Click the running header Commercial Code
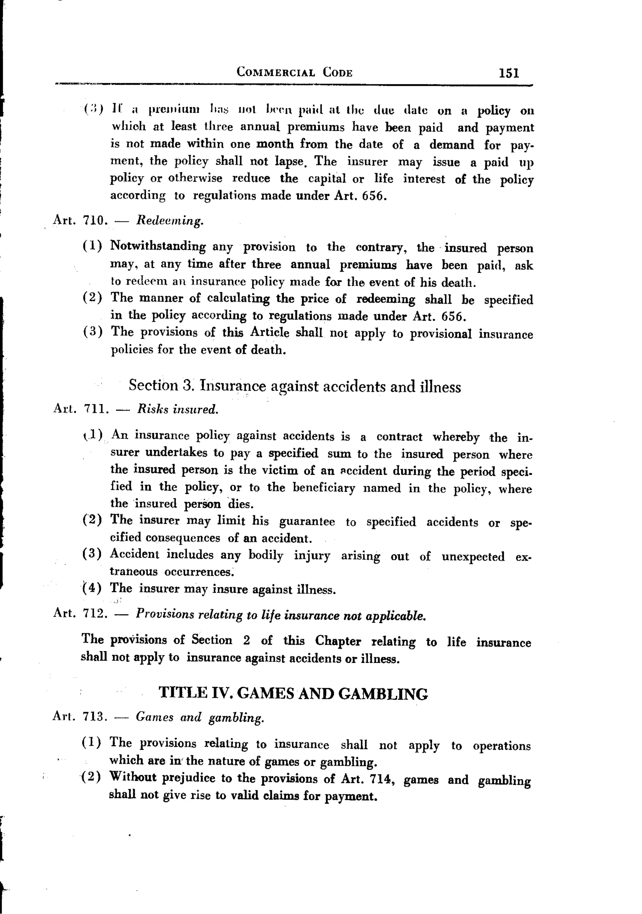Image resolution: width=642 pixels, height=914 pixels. pyautogui.click(x=295, y=72)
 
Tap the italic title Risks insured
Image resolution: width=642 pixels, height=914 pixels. pyautogui.click(x=177, y=409)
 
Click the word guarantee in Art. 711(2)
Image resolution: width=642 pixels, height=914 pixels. pyautogui.click(x=307, y=522)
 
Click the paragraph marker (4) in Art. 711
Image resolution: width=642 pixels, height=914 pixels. pyautogui.click(x=92, y=588)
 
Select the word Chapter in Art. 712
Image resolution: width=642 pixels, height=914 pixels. pyautogui.click(x=338, y=641)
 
